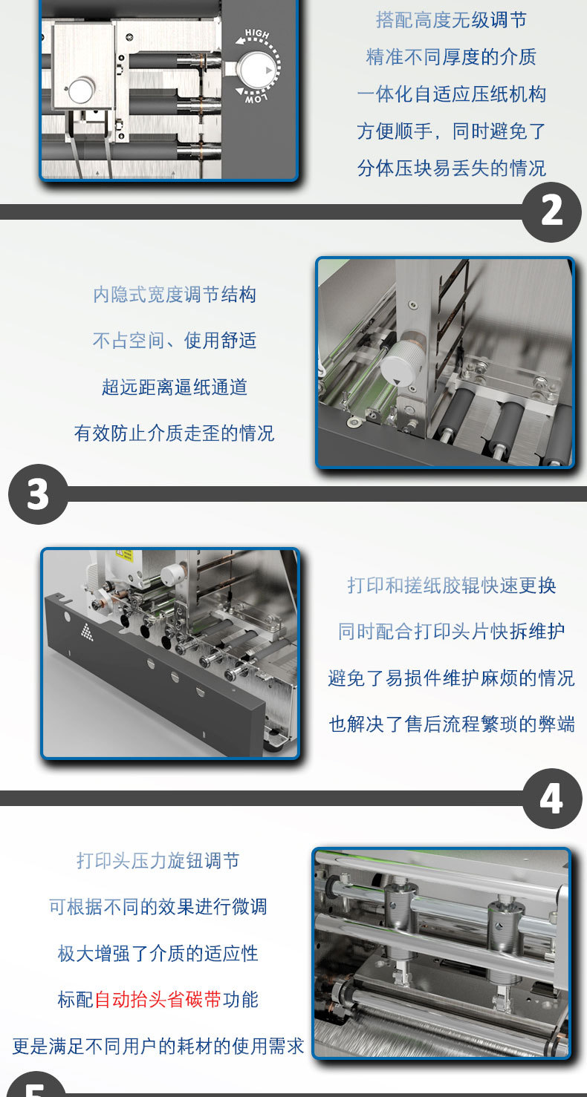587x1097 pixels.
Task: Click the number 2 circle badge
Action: coord(551,212)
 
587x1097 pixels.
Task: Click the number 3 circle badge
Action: coord(38,494)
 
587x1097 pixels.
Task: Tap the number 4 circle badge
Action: coord(551,799)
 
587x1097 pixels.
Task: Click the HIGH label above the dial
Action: coord(257,36)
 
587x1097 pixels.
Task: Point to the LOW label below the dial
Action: coord(254,95)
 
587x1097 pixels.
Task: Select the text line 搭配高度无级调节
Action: coord(451,20)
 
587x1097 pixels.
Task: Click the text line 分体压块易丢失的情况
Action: coord(451,168)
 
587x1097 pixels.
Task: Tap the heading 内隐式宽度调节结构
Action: coord(175,295)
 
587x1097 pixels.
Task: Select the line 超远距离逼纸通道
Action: coord(175,387)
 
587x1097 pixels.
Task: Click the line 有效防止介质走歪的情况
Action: coord(175,433)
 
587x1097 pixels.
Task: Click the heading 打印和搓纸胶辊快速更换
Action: coord(451,586)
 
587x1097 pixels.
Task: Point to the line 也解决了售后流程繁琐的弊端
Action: coord(451,724)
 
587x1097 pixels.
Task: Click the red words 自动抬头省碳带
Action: coord(158,1000)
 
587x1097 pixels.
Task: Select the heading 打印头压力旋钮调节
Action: coord(158,861)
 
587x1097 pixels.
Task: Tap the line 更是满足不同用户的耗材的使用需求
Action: coord(158,1047)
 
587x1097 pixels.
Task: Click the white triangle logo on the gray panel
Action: coord(87,631)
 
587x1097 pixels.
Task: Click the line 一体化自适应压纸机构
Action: coord(451,94)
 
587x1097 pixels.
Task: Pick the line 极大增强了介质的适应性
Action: coord(158,954)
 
